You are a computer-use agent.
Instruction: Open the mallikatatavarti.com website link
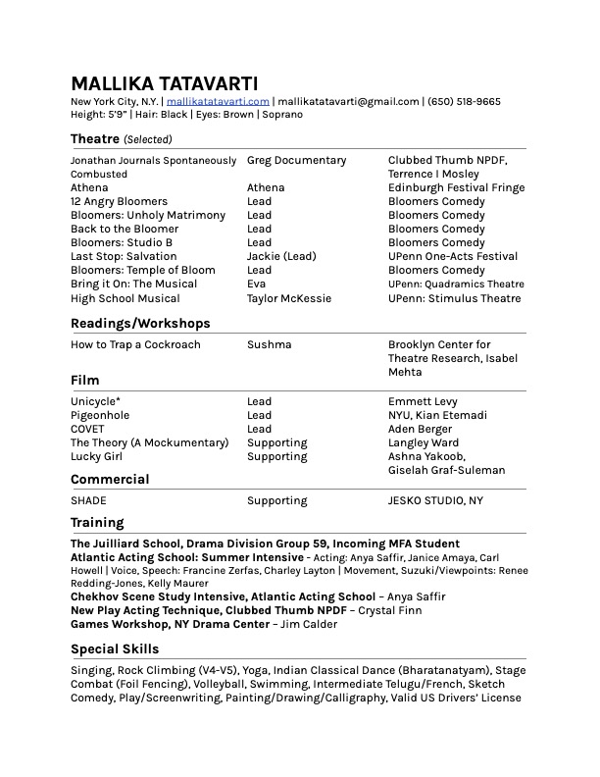click(x=218, y=101)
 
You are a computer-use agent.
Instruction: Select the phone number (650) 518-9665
click(x=465, y=101)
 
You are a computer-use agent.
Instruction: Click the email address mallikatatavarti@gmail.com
click(x=348, y=101)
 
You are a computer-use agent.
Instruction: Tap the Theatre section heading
click(x=95, y=139)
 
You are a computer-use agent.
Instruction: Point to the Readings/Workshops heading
click(x=140, y=323)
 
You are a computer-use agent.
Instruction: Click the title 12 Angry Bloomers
click(x=119, y=201)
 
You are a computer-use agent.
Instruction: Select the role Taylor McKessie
click(x=289, y=298)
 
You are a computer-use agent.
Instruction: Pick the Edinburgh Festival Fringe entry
click(x=456, y=187)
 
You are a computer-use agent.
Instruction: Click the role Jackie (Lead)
click(x=281, y=256)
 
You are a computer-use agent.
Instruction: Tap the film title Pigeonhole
click(x=100, y=415)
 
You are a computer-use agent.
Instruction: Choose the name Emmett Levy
click(x=423, y=401)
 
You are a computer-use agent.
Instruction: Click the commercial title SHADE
click(x=88, y=500)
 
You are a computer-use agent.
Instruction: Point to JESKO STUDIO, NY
click(x=435, y=500)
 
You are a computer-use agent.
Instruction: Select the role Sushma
click(x=269, y=344)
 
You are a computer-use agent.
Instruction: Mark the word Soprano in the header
click(x=281, y=114)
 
